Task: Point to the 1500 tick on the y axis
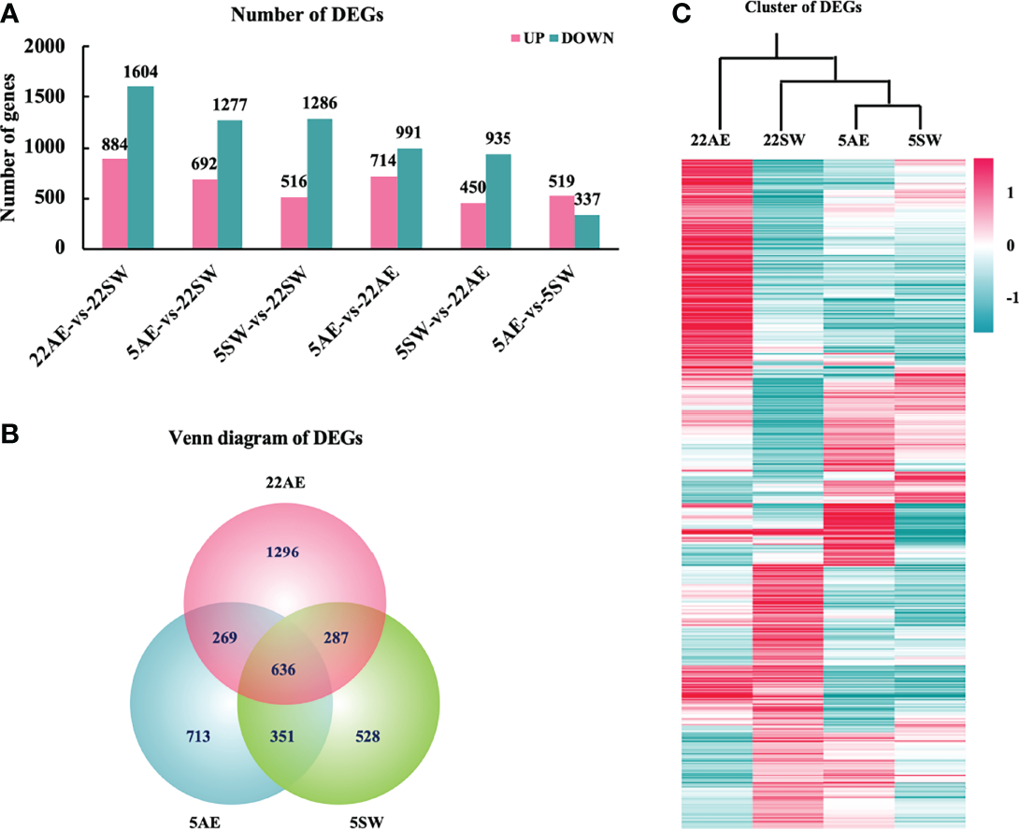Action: tap(52, 97)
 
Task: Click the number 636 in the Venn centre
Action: tap(286, 668)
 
